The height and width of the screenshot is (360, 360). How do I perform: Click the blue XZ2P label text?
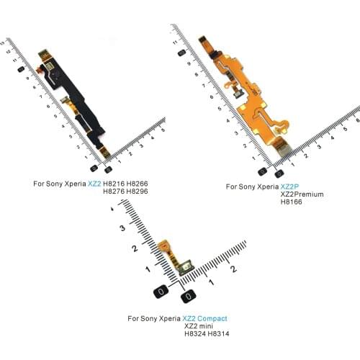290,186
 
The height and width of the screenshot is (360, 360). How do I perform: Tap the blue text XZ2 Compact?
204,318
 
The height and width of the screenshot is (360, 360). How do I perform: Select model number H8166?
291,202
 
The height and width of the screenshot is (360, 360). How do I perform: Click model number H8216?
114,184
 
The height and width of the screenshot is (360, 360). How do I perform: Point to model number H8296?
137,192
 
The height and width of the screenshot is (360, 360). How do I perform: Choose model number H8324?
195,333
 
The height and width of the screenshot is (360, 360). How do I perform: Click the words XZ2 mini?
199,326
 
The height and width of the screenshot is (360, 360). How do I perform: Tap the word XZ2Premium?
302,194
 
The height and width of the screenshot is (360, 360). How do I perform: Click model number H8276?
114,192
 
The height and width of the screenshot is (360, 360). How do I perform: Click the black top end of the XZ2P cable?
203,40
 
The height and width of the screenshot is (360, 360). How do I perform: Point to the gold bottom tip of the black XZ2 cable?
106,153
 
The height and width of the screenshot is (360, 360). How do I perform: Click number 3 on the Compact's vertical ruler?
122,228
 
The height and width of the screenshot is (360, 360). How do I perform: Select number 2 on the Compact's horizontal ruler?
233,269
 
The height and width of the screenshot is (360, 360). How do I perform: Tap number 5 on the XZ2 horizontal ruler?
163,130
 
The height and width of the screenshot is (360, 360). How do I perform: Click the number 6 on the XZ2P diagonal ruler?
212,97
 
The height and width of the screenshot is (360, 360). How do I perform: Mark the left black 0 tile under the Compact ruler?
161,292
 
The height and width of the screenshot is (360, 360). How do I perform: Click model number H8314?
218,333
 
